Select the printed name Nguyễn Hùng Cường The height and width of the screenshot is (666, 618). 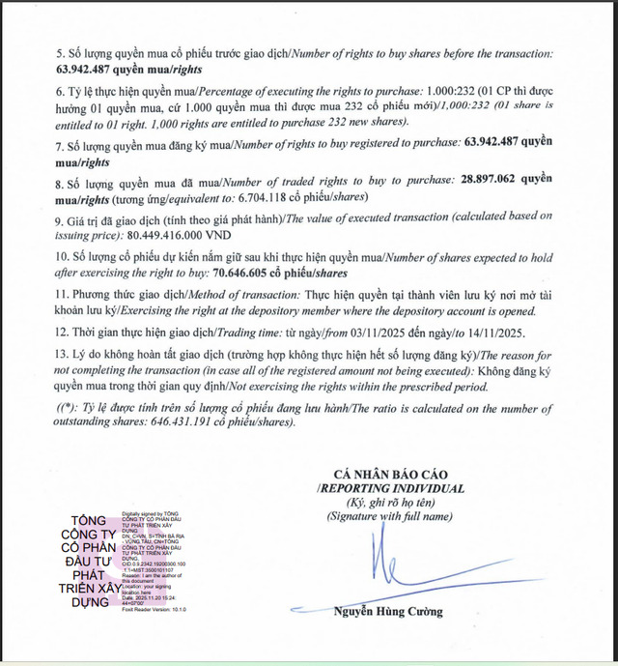click(x=389, y=612)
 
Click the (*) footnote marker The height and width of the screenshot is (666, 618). click(x=65, y=407)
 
